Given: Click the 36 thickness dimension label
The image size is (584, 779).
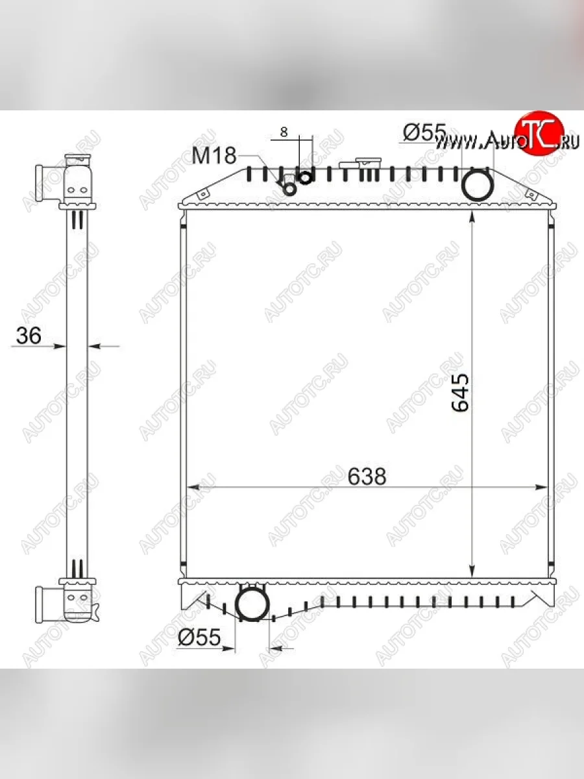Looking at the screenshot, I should point(29,336).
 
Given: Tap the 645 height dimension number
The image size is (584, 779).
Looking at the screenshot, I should point(460,392).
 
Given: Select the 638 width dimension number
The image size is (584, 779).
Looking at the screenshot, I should point(367,476).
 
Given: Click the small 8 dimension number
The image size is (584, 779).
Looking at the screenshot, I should point(284,132).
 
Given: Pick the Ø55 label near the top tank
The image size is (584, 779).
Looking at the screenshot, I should point(424,133).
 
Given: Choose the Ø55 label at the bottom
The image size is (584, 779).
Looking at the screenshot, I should point(199,639).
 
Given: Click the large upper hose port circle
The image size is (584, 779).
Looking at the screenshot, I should point(478,184).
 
